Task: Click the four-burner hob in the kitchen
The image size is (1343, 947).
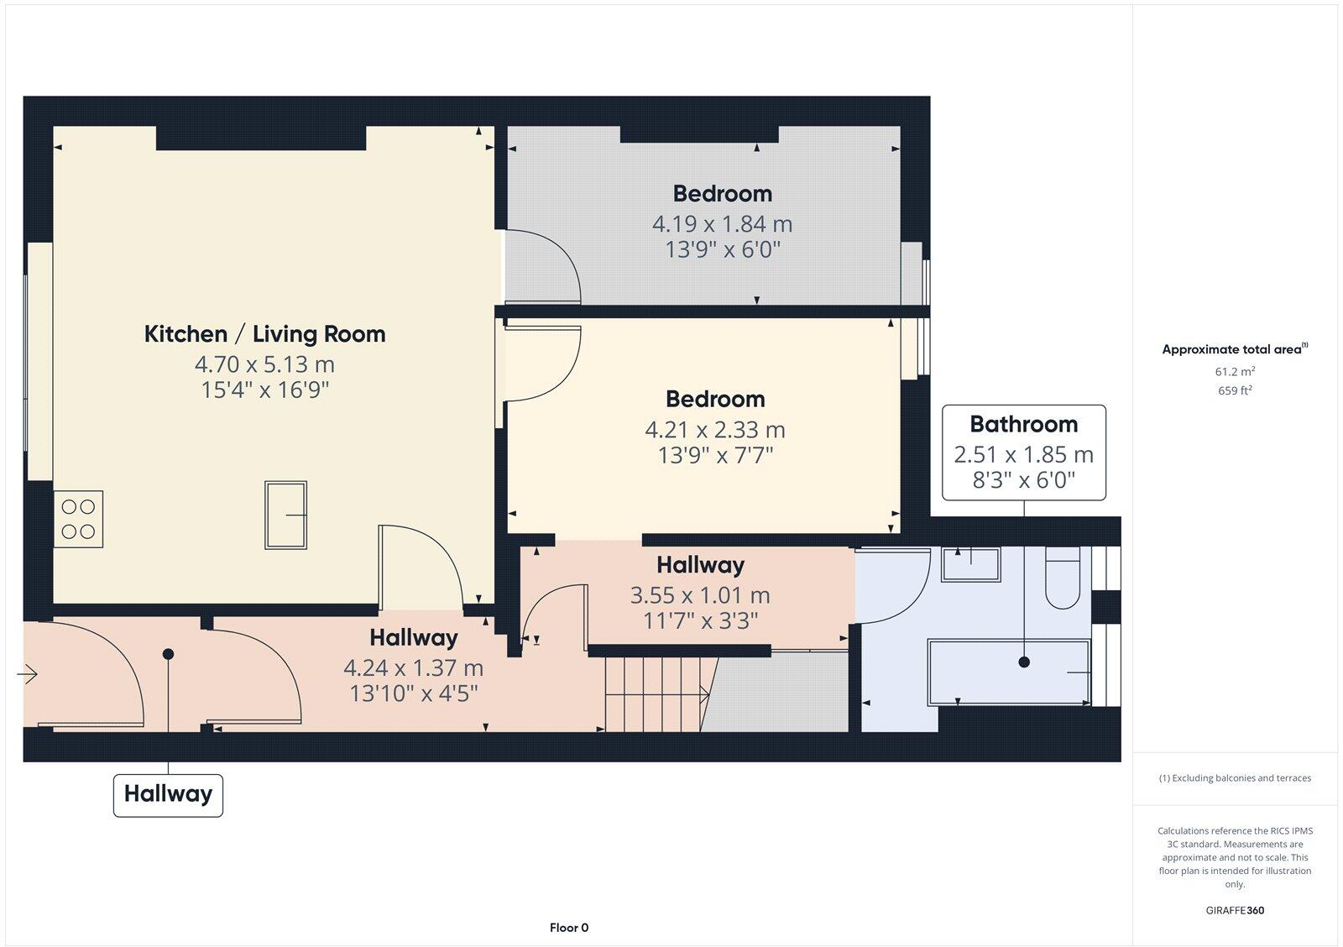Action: [x=78, y=519]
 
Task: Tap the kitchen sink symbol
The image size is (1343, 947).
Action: [x=285, y=515]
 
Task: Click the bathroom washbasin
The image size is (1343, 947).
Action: [x=970, y=564]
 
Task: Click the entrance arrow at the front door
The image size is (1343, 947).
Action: [x=28, y=674]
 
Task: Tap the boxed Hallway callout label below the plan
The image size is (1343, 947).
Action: [x=168, y=794]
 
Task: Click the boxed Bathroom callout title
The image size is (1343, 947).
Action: [x=1023, y=425]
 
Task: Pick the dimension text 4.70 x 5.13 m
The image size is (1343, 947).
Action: [x=264, y=364]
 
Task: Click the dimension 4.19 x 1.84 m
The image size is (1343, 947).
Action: [x=722, y=224]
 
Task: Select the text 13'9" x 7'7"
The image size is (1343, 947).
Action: [x=714, y=456]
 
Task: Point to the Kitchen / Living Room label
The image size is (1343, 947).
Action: [x=264, y=334]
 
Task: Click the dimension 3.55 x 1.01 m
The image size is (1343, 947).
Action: [x=699, y=595]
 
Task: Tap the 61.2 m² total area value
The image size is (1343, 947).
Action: [x=1234, y=371]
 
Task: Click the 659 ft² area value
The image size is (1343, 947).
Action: [x=1234, y=390]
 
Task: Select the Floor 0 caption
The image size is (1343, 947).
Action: [x=569, y=928]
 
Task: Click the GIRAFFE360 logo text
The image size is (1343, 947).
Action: [x=1235, y=910]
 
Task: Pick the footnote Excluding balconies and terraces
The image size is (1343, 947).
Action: [x=1235, y=778]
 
